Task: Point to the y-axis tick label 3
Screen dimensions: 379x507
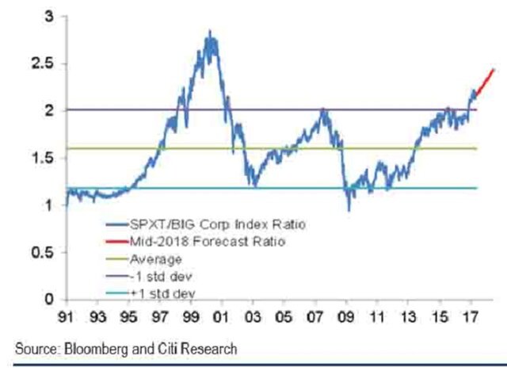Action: coord(50,17)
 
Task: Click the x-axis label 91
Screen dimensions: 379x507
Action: coord(67,323)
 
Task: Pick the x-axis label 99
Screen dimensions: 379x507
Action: coord(191,323)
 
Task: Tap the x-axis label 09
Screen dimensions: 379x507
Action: coord(346,323)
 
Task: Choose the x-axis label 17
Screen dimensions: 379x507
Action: coord(470,323)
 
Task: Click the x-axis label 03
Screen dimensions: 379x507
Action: coord(253,323)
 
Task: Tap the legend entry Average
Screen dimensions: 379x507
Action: coord(159,259)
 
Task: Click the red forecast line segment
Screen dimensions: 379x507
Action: coord(485,82)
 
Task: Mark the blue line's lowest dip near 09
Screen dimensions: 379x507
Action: coord(349,209)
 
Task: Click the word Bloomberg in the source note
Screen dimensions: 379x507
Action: coord(85,349)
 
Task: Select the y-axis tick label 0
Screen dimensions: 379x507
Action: coord(50,300)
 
